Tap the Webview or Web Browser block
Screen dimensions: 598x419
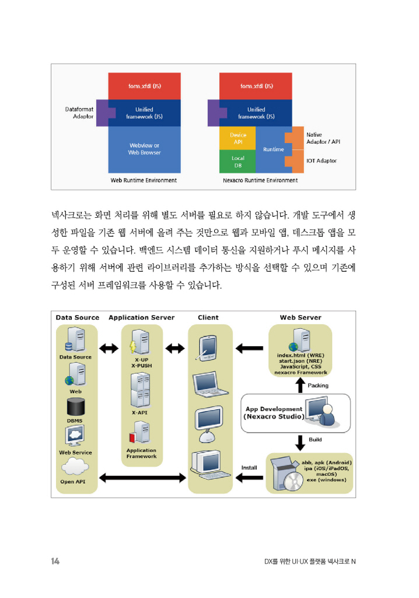pyautogui.click(x=144, y=149)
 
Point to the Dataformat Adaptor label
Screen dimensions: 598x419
pyautogui.click(x=79, y=112)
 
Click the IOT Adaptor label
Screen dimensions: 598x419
pyautogui.click(x=321, y=161)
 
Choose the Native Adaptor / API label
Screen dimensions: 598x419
pyautogui.click(x=323, y=138)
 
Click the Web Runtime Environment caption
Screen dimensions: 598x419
pyautogui.click(x=144, y=180)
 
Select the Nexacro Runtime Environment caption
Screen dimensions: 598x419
pyautogui.click(x=260, y=180)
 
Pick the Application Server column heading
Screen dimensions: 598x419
pyautogui.click(x=141, y=318)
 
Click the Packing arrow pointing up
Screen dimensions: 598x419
pyautogui.click(x=301, y=385)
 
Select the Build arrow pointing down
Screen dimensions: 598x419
pyautogui.click(x=301, y=440)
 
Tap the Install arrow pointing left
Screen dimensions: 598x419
pyautogui.click(x=250, y=478)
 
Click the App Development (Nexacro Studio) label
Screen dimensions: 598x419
pyautogui.click(x=273, y=413)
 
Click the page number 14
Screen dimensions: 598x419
pyautogui.click(x=55, y=562)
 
